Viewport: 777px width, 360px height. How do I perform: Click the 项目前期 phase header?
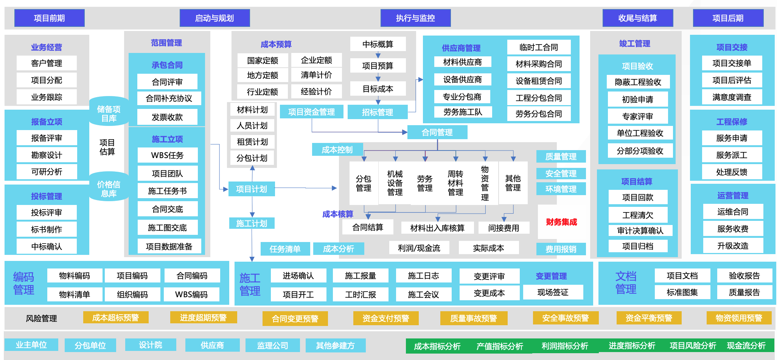(x=49, y=18)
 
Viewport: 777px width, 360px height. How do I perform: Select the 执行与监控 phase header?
(x=415, y=18)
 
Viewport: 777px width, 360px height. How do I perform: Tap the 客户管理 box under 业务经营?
(x=47, y=63)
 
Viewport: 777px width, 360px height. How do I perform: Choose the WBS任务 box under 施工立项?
(x=167, y=155)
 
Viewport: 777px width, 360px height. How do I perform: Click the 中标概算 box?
(x=378, y=44)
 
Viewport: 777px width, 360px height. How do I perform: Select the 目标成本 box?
(x=378, y=89)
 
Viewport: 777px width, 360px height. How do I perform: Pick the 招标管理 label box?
(x=377, y=112)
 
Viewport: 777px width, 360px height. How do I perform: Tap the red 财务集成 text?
(x=561, y=222)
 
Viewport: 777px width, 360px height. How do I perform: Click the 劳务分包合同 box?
(x=539, y=114)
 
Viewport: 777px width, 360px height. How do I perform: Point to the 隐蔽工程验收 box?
(x=638, y=82)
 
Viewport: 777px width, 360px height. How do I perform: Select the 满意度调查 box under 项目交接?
(x=732, y=97)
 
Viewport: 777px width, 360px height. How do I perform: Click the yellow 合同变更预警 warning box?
(x=295, y=319)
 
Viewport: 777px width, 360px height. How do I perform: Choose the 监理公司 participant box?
(x=272, y=345)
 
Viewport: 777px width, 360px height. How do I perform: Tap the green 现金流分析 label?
(x=746, y=346)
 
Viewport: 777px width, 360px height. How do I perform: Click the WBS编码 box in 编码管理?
(x=191, y=295)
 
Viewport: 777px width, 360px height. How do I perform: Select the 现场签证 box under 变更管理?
(x=553, y=292)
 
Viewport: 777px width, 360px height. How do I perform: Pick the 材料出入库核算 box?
(x=437, y=228)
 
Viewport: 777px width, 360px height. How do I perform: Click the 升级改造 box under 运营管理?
(x=733, y=246)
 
